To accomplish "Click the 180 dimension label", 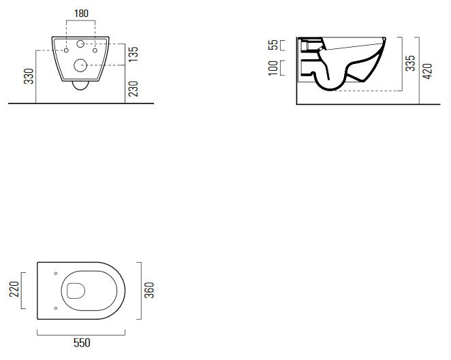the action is pos(81,14).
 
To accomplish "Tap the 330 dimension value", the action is pos(29,76).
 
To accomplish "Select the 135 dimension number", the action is pos(133,54).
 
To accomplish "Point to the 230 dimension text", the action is pos(133,88).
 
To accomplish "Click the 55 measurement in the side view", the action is pos(273,45).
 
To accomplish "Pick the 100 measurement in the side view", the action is pos(273,68).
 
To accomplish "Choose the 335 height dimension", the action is pos(410,63).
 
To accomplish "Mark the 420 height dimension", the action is pos(427,71).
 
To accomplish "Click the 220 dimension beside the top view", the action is pos(14,289).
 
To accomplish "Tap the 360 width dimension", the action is pos(149,290).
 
